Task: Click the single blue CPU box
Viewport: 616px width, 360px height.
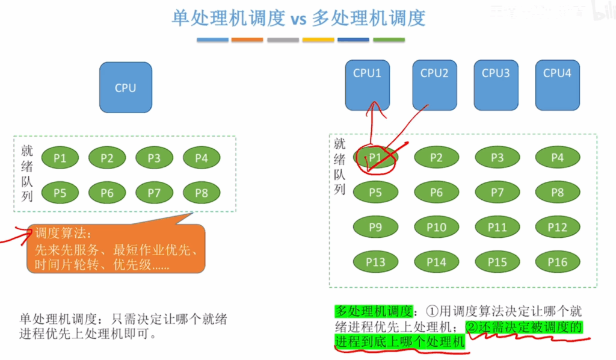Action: (126, 87)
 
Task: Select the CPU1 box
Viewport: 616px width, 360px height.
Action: (368, 85)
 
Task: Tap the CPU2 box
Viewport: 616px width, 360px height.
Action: (434, 85)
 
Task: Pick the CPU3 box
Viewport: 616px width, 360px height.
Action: (496, 85)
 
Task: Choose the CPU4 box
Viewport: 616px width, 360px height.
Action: (558, 85)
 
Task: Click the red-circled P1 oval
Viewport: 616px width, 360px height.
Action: (375, 158)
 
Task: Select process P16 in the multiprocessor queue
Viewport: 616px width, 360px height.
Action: (558, 262)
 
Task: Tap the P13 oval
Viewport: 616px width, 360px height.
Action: (375, 262)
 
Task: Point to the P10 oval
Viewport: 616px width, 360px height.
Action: (437, 227)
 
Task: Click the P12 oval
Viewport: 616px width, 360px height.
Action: (558, 227)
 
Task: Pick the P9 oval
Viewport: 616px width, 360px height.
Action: (375, 227)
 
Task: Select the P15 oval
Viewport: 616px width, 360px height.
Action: (497, 262)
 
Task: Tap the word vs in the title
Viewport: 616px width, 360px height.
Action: (298, 19)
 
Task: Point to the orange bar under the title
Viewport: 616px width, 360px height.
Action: (247, 40)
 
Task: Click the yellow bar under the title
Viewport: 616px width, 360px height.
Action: (318, 40)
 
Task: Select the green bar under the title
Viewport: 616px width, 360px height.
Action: (389, 40)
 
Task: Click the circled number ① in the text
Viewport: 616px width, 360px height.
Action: (432, 312)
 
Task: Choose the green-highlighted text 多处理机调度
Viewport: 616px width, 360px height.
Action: (374, 311)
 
